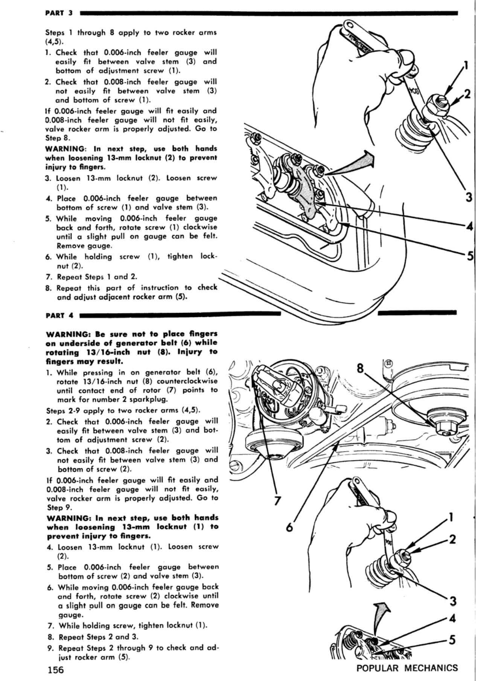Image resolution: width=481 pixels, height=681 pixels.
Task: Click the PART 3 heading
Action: [59, 13]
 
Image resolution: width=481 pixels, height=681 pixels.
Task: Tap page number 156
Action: [55, 670]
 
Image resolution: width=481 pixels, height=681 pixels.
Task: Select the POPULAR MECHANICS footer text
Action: [407, 668]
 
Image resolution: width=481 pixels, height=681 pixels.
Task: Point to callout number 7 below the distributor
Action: [277, 501]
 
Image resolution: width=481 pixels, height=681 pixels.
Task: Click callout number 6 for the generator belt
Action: [289, 527]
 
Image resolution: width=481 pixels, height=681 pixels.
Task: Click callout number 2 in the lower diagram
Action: [453, 539]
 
